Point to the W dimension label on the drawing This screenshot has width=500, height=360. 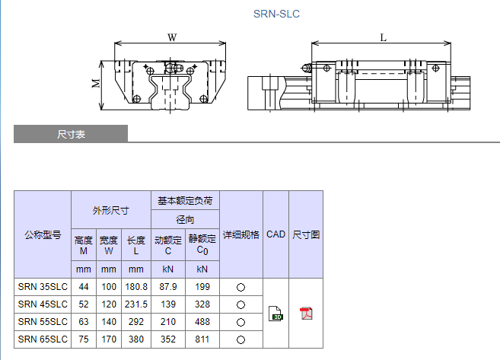click(x=172, y=37)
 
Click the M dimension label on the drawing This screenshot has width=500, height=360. click(x=96, y=83)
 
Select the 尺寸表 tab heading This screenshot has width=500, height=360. click(x=71, y=135)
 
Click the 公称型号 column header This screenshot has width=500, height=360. click(x=43, y=234)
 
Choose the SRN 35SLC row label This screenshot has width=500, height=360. click(x=43, y=287)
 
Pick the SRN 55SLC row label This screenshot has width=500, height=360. click(x=43, y=322)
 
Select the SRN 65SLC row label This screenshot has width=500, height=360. click(x=43, y=339)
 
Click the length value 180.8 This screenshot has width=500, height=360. click(x=136, y=287)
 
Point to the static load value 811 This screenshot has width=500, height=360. click(x=202, y=339)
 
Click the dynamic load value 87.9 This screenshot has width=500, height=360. click(x=168, y=287)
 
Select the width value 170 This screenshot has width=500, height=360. click(x=109, y=339)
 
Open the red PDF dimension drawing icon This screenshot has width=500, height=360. click(x=306, y=314)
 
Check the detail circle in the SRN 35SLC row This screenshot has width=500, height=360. click(x=240, y=288)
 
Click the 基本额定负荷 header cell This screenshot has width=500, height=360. click(x=185, y=201)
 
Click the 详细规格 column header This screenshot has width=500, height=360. click(x=240, y=234)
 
